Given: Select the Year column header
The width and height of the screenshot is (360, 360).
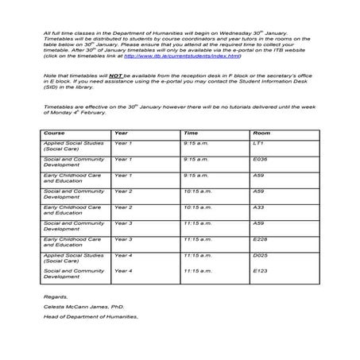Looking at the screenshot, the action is (x=121, y=133).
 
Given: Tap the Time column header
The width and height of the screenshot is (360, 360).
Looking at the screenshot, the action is (x=191, y=133).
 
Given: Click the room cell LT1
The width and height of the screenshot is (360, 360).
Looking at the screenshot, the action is (x=257, y=143).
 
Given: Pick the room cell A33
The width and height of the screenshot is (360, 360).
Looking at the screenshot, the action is (x=257, y=207).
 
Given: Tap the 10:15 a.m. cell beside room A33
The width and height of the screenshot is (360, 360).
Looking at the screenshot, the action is (x=196, y=207).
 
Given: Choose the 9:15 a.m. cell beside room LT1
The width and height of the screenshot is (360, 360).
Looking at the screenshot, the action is (x=195, y=143).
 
